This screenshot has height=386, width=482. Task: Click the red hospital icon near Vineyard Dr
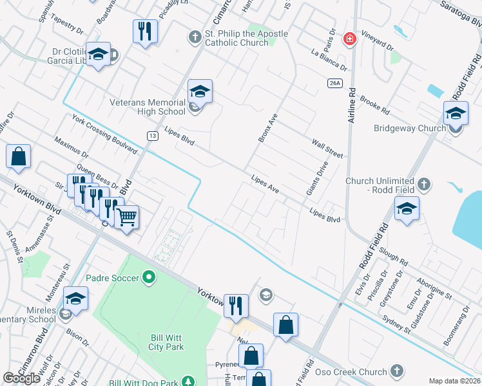coord(349,39)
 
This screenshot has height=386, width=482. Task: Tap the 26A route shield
coord(333,83)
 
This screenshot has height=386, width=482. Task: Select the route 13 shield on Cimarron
coord(152,135)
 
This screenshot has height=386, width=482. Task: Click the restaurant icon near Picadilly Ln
coord(145,30)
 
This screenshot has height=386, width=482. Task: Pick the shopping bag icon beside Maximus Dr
coord(19,156)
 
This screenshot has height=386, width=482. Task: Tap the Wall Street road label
coord(327,148)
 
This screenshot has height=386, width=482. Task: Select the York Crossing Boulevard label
coord(104,134)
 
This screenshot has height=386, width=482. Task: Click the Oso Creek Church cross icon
coord(396,371)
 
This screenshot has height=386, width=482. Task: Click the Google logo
coord(21,378)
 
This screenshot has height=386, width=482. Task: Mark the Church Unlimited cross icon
coord(423,185)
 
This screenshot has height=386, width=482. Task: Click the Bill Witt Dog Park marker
coord(188,382)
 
